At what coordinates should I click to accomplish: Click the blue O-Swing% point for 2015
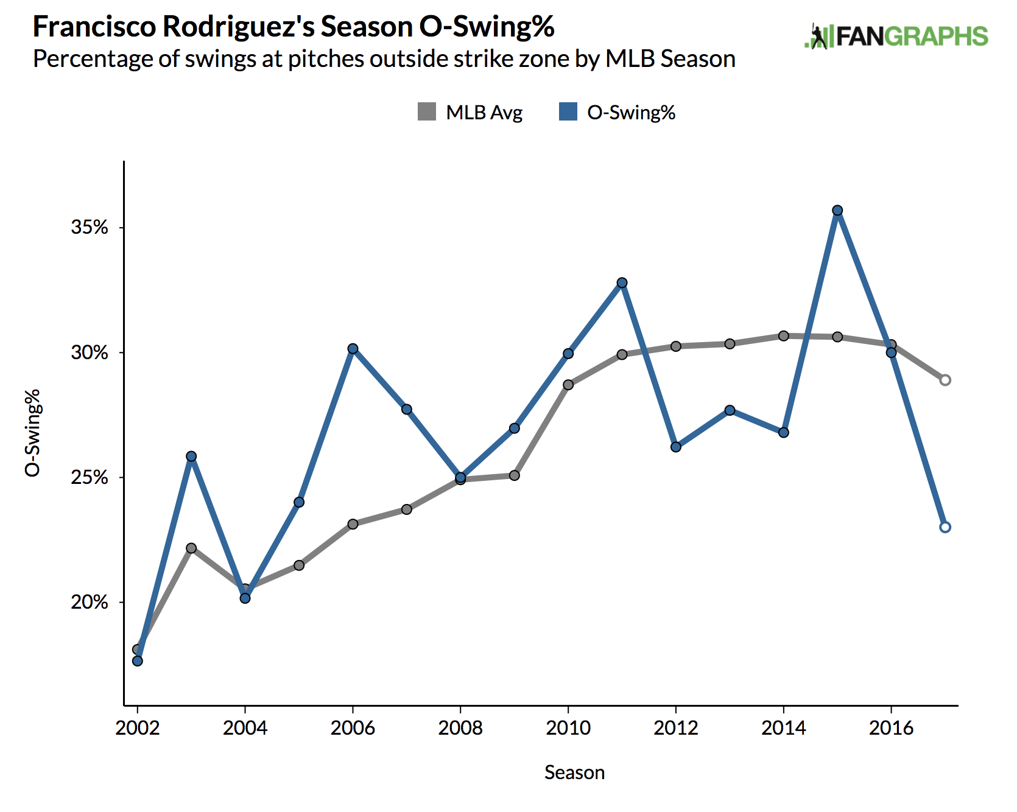point(837,211)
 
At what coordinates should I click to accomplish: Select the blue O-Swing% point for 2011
point(622,283)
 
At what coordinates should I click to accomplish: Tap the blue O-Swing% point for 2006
point(353,349)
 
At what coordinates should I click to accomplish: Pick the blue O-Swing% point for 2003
point(191,457)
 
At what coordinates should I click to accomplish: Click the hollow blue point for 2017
point(945,527)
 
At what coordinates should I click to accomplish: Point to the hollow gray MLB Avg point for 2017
point(945,380)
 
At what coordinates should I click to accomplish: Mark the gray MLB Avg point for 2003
point(191,548)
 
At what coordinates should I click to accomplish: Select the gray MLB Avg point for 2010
point(568,385)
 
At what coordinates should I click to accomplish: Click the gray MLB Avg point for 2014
point(784,336)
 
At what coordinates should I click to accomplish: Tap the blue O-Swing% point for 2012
point(676,447)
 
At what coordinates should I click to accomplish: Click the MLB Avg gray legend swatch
point(427,112)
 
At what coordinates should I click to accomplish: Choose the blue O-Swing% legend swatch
point(568,112)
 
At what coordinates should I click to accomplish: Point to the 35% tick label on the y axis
point(89,228)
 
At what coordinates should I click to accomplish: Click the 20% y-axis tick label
point(89,603)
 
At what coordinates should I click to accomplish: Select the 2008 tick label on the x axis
point(460,728)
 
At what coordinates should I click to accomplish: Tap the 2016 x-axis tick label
point(892,728)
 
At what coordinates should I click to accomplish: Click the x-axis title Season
point(574,772)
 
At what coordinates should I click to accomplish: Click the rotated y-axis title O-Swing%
point(33,433)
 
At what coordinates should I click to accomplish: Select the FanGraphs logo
point(896,37)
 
